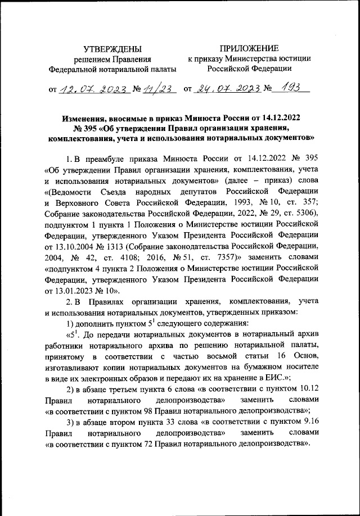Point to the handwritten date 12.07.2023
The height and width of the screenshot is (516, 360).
point(89,88)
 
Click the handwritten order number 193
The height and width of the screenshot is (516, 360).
point(291,87)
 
